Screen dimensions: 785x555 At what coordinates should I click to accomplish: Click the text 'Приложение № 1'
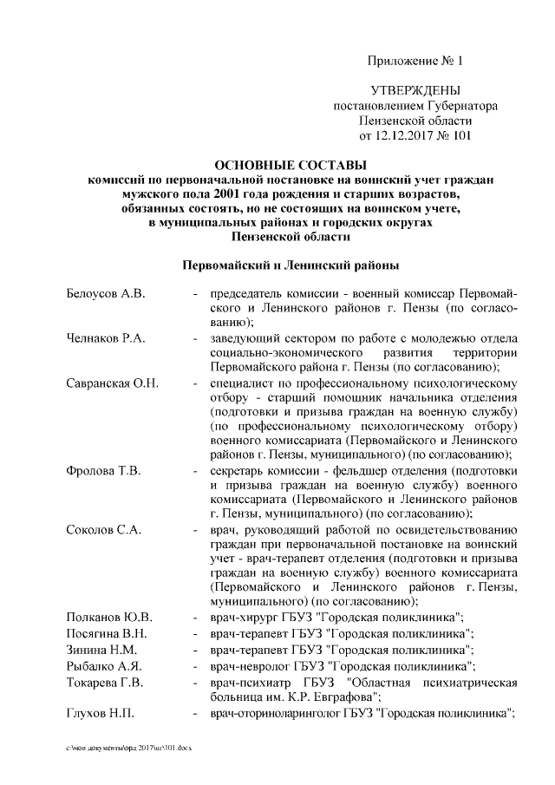(416, 61)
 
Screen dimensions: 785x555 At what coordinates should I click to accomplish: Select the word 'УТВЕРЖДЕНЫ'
(415, 91)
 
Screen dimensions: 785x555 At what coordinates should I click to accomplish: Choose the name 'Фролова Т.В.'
(101, 470)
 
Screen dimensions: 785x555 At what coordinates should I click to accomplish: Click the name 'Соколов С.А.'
(101, 529)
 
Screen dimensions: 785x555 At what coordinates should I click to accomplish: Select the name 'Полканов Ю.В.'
(109, 617)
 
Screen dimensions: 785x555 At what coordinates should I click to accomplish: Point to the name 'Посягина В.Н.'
(107, 633)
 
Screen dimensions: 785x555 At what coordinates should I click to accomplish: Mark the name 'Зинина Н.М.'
(100, 650)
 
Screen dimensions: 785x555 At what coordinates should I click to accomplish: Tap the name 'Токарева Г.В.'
(106, 683)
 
